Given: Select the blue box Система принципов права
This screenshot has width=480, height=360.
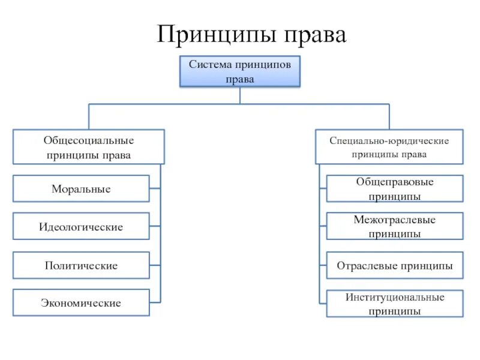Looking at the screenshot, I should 240,71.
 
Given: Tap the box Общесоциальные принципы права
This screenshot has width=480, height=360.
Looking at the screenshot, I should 89,147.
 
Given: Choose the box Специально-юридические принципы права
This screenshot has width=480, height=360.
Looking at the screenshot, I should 389,147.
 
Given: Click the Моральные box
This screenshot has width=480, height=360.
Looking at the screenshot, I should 81,188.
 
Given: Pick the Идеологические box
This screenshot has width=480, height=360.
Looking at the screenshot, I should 81,227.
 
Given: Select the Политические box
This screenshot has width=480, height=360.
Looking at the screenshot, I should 81,265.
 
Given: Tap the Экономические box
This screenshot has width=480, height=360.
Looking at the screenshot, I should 81,303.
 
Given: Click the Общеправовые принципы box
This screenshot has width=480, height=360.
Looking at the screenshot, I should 395,188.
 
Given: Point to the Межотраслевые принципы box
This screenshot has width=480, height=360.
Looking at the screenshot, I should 395,227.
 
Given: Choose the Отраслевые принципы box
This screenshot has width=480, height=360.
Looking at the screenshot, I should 395,265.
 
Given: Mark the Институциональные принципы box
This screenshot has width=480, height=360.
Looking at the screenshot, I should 395,304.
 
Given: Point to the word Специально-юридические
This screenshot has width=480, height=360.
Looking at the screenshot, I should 389,140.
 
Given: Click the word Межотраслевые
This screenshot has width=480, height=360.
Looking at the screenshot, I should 395,220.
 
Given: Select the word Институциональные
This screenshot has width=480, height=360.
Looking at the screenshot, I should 395,297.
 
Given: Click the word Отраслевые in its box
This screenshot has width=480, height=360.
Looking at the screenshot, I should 366,265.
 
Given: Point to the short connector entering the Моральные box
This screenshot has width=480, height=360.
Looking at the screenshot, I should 155,188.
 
